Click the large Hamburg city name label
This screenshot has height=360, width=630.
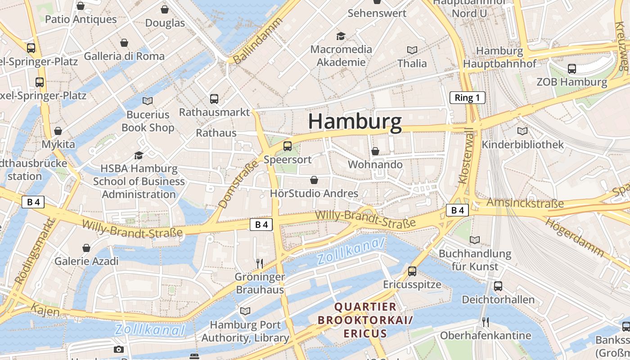(355, 122)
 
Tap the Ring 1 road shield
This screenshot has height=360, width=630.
(468, 98)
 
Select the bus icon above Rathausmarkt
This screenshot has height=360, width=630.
(214, 99)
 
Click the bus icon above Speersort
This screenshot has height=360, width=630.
(288, 146)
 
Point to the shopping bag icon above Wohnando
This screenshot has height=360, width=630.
(375, 151)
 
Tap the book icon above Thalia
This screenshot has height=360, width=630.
(412, 50)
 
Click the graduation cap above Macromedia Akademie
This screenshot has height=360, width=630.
(341, 36)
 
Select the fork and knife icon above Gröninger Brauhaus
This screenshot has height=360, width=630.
(259, 263)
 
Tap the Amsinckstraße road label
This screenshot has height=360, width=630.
(525, 203)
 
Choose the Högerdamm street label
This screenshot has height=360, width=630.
(575, 237)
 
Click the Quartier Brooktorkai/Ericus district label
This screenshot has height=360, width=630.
(365, 320)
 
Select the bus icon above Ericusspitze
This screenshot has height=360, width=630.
(412, 271)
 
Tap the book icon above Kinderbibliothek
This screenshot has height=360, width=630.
(522, 131)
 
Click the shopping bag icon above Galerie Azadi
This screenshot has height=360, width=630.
(86, 248)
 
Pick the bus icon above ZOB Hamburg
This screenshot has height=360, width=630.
(571, 69)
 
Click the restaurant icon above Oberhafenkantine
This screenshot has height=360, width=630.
(485, 322)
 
